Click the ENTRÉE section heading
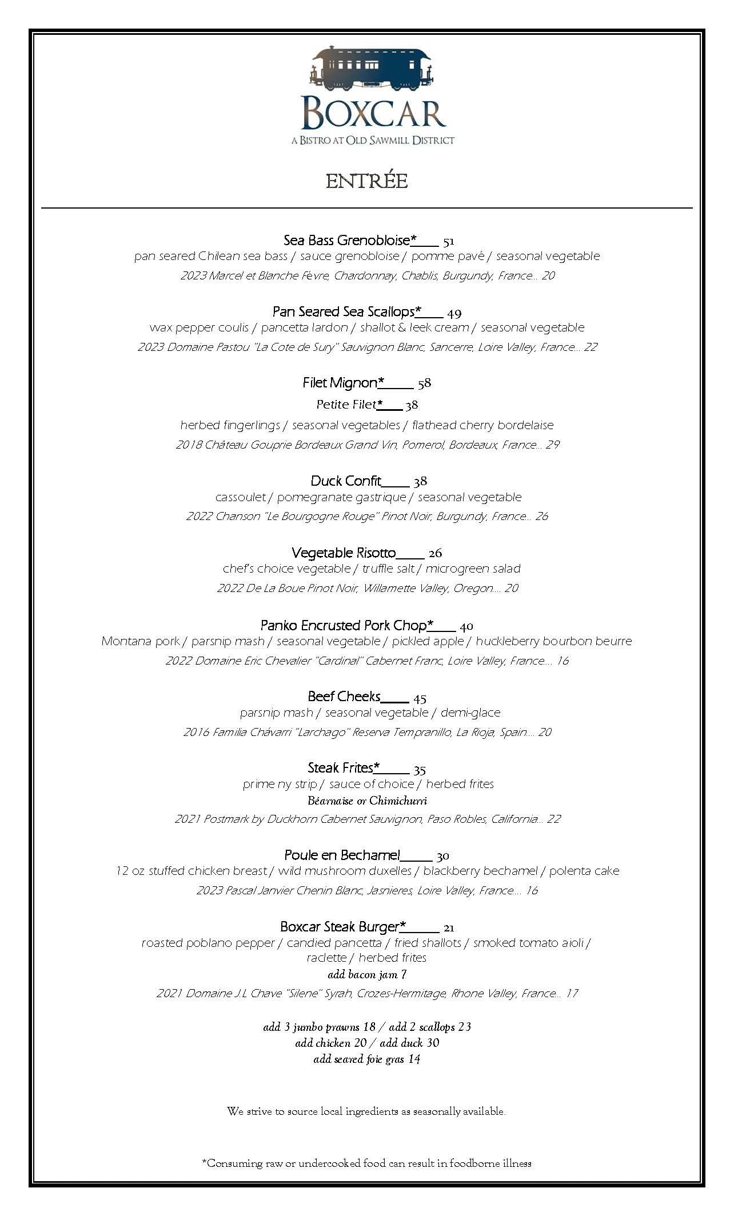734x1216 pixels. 366,182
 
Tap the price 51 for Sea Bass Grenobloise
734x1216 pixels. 448,241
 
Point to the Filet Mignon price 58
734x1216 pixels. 424,383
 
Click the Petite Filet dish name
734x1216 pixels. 346,405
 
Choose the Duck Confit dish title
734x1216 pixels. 346,481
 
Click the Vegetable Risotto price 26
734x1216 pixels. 435,553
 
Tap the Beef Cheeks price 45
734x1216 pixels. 420,698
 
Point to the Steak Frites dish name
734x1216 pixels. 341,768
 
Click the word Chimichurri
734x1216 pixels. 398,801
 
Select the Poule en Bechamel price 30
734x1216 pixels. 442,856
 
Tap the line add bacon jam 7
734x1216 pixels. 367,974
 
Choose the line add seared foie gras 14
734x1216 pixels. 367,1059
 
